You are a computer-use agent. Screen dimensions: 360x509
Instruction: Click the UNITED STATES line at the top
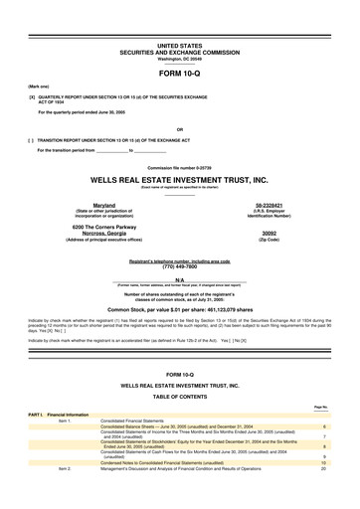click(x=179, y=47)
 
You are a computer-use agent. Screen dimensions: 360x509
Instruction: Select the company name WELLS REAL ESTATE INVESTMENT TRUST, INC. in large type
click(x=179, y=180)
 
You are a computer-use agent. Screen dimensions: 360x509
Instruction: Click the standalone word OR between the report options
click(x=179, y=129)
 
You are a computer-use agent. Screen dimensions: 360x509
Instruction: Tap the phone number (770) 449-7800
click(x=179, y=267)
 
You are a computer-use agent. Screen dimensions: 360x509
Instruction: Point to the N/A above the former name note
click(x=179, y=281)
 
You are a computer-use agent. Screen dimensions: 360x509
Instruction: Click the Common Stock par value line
click(x=179, y=310)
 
